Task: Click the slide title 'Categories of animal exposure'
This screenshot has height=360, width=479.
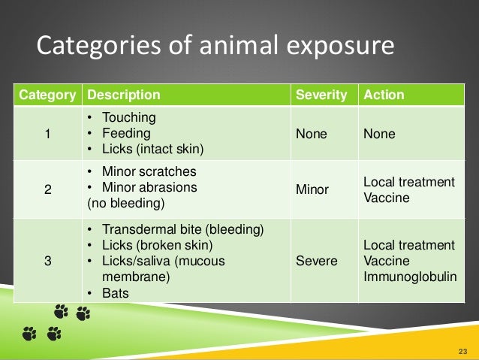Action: tap(215, 47)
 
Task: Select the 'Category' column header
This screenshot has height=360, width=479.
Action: tap(47, 95)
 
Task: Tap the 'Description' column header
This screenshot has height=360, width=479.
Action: tap(124, 95)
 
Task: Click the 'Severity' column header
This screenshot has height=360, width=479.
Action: tap(321, 95)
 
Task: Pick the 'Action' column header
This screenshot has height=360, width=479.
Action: tap(384, 95)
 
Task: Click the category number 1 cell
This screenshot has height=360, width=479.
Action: tap(47, 134)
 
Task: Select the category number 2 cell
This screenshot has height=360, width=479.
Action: tap(47, 190)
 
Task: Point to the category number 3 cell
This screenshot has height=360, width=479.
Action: tap(47, 262)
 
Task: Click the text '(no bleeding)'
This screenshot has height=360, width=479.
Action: tap(125, 203)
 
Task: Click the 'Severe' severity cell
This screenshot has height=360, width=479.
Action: tap(317, 262)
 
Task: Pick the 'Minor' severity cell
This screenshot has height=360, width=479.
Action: tap(312, 190)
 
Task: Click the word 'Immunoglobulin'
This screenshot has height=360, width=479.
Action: tap(409, 277)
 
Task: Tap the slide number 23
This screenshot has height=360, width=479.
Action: tap(462, 351)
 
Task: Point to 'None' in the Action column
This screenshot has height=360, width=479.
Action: tap(378, 134)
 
